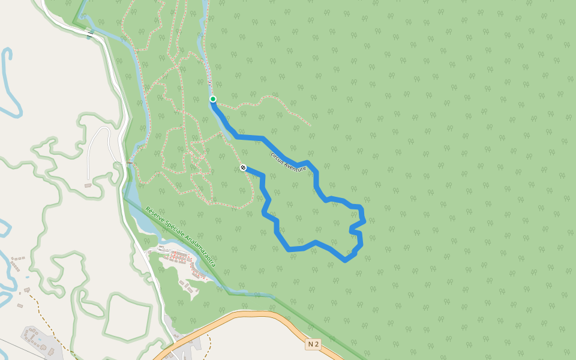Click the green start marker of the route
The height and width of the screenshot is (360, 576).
pos(212,99)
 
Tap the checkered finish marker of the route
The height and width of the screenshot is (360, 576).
pos(243,167)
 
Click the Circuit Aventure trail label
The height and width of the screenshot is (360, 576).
pos(288,161)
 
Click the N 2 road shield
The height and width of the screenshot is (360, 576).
pos(313,344)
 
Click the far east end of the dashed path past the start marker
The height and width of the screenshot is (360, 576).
pos(310,125)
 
